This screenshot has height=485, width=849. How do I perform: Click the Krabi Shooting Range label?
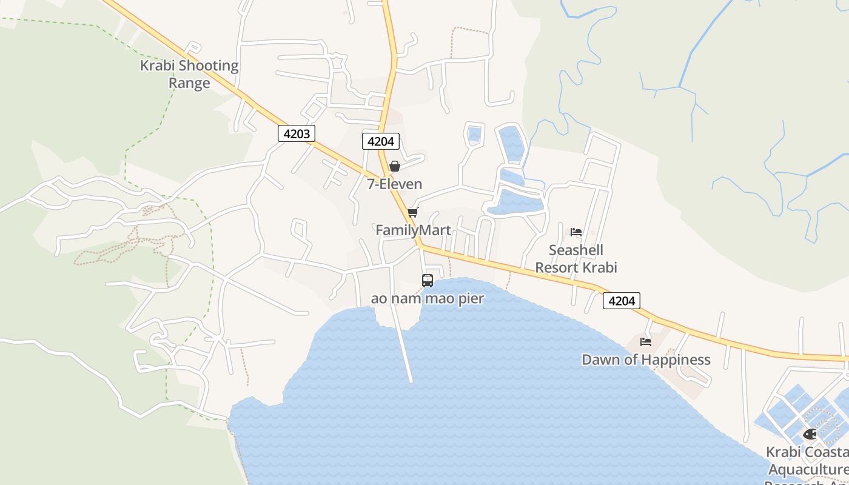189,74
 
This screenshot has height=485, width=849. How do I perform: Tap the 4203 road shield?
297,133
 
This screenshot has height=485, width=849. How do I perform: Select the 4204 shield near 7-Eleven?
381,141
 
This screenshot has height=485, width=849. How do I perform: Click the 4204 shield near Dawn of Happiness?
622,300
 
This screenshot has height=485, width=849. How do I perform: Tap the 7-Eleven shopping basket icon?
395,166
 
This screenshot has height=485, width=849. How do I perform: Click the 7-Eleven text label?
395,184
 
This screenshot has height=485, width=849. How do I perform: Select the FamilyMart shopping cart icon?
413,212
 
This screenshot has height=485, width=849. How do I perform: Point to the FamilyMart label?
413,230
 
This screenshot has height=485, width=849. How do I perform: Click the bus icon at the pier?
428,281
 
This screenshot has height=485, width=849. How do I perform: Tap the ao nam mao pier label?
428,298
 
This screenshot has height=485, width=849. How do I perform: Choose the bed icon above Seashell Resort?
576,232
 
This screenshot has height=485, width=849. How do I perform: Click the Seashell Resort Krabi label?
576,258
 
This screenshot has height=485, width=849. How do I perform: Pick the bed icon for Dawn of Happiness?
646,342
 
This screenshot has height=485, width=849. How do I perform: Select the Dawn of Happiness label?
646,360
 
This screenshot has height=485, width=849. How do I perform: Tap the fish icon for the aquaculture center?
810,434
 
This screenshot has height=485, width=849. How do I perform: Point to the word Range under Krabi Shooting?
189,83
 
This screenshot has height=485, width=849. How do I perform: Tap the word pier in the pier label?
470,299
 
